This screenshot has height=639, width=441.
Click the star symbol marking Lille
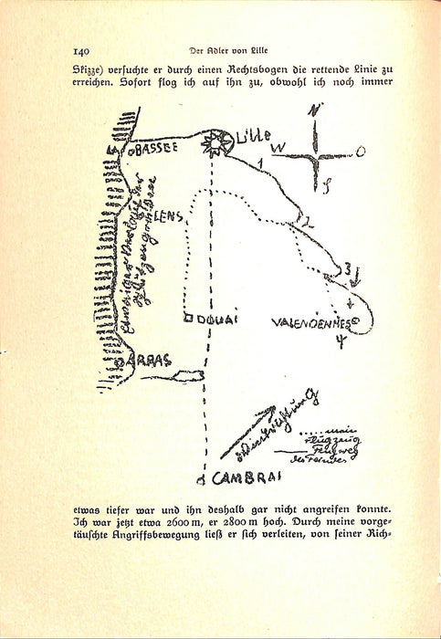[215, 143]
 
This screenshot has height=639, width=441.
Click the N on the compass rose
[315, 110]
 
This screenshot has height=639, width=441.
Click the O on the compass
[360, 151]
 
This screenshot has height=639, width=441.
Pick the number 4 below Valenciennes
[340, 342]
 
